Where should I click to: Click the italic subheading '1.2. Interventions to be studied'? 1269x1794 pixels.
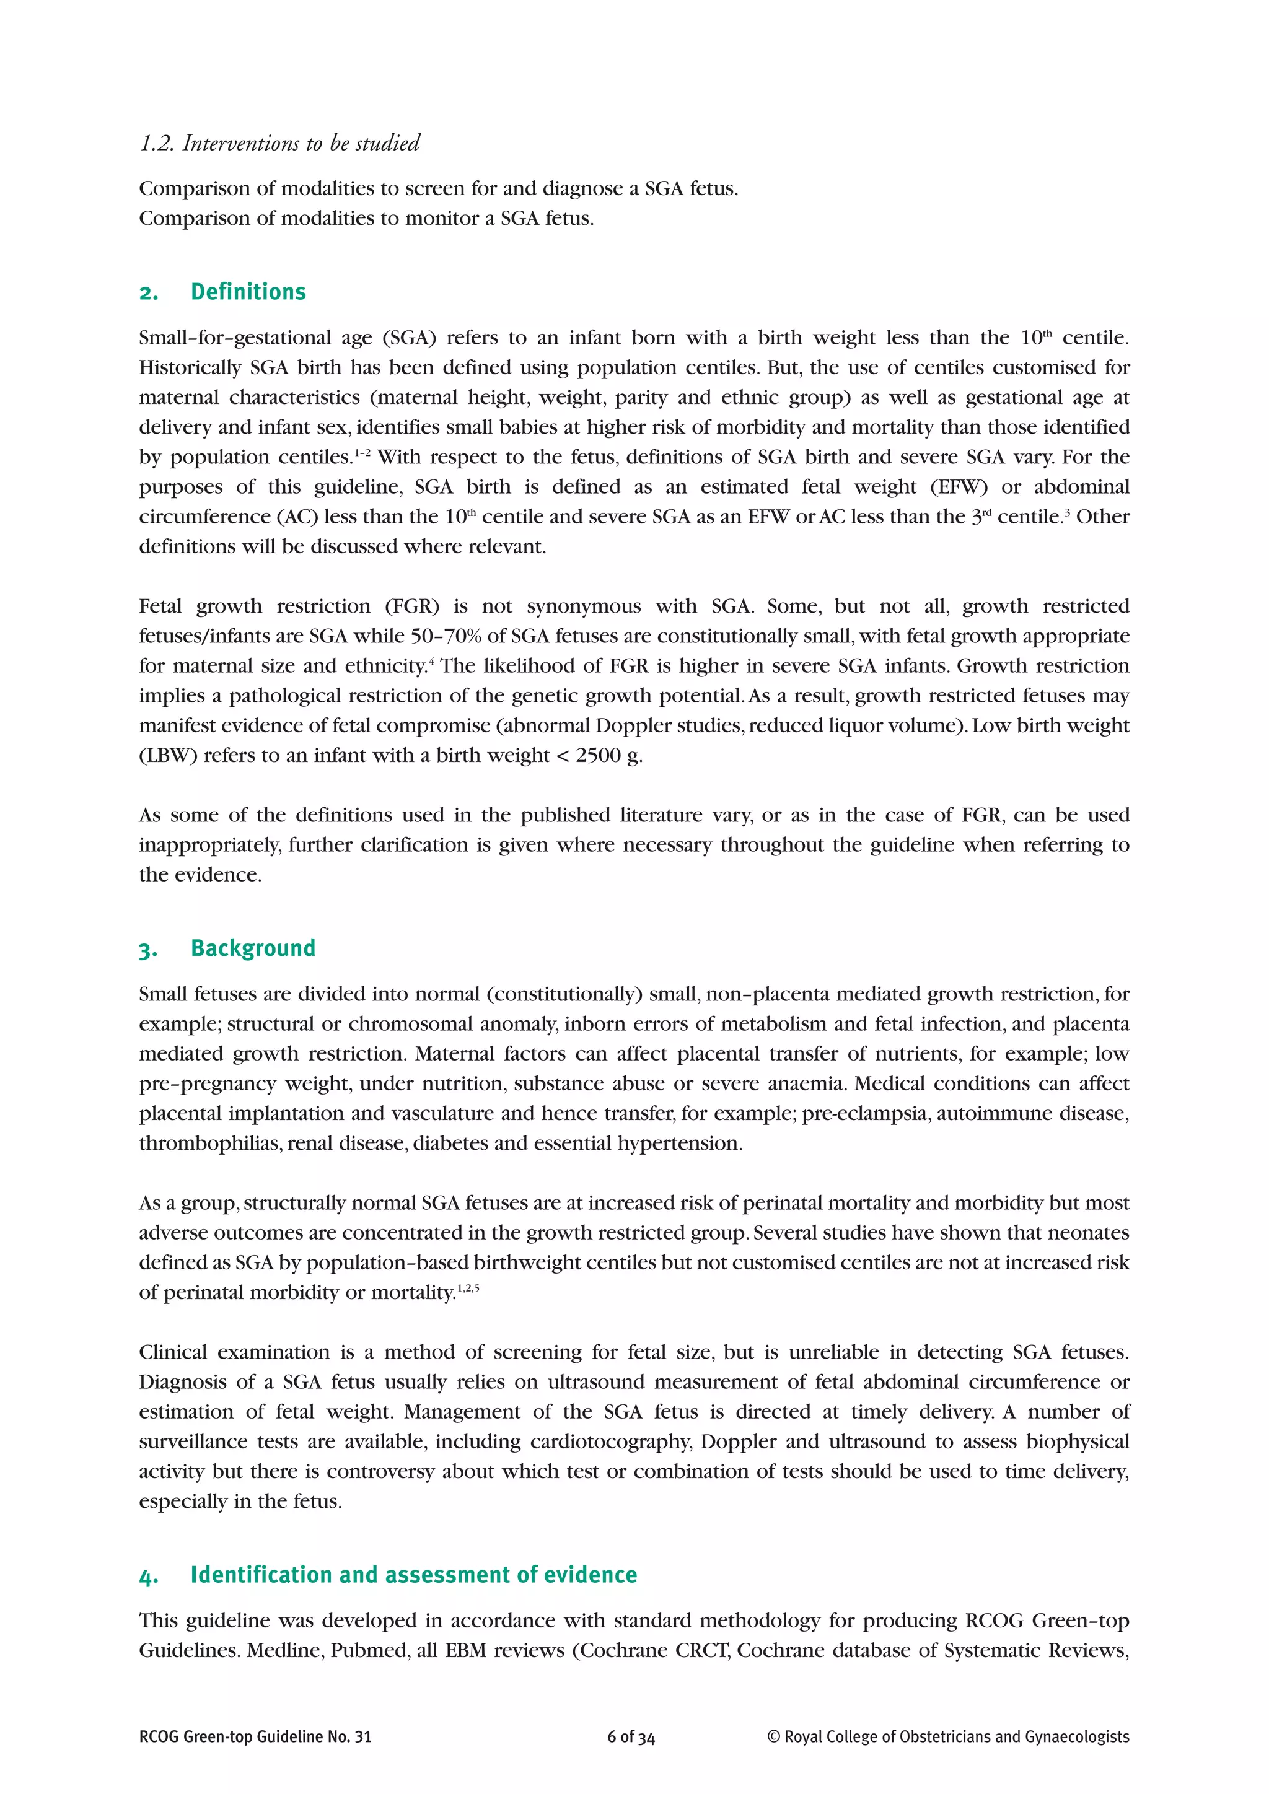pos(279,143)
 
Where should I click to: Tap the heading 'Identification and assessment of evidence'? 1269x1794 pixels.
pos(413,1575)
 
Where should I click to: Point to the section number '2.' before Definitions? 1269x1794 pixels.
pos(149,293)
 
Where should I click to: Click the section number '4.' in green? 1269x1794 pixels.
pos(149,1576)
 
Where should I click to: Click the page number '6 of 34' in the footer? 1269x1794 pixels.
pos(631,1737)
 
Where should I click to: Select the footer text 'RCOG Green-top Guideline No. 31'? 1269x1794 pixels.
pos(255,1737)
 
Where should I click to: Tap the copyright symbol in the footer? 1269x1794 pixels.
pos(773,1737)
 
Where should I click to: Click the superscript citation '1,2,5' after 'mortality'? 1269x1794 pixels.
pos(468,1288)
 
